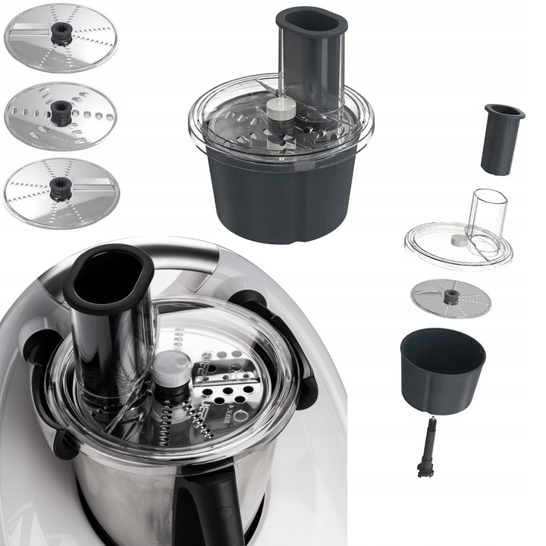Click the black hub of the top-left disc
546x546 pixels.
(61, 33)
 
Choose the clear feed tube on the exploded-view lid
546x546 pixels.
(485, 216)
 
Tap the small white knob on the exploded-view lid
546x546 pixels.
(459, 240)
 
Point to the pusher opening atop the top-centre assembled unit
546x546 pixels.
(312, 21)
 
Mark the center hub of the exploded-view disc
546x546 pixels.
(451, 296)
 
